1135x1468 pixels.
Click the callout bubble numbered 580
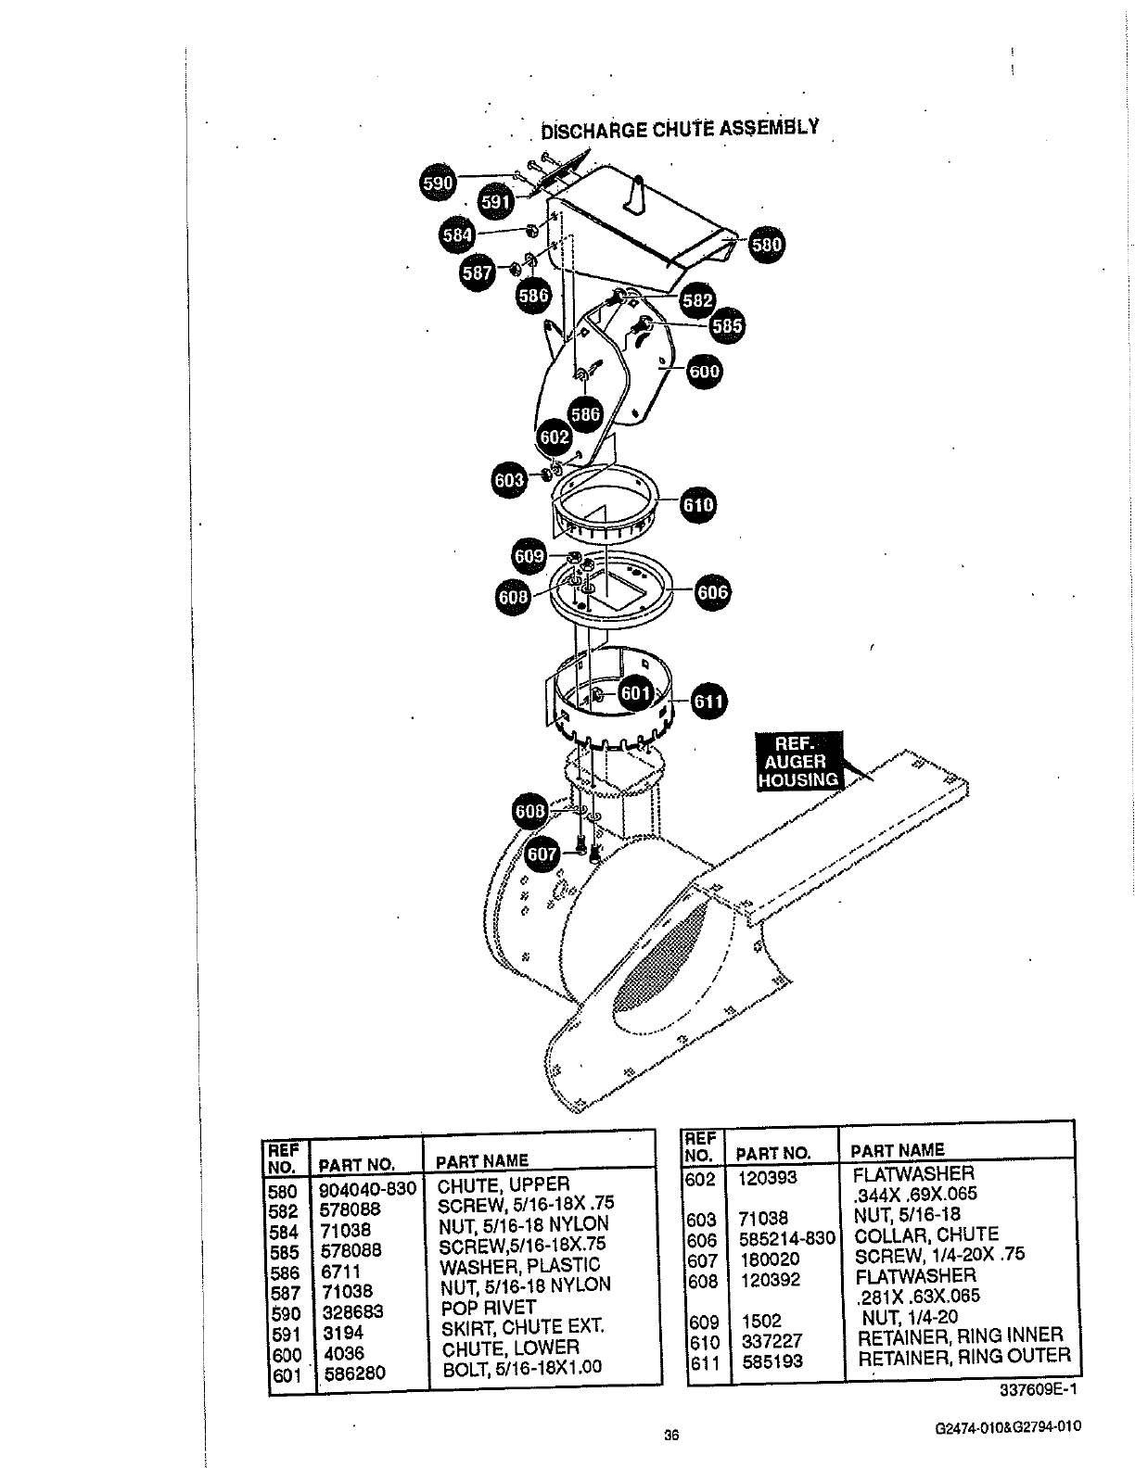766,246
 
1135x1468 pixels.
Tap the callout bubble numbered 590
437,183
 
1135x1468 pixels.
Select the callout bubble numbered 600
704,373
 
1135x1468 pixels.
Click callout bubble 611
708,702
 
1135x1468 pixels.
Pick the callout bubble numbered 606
711,593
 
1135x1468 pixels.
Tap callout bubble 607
543,853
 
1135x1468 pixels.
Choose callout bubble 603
508,479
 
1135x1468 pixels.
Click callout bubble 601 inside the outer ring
635,693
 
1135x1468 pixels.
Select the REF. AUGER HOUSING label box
797,762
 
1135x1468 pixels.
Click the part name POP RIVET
488,1307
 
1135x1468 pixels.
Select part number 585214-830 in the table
787,1238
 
